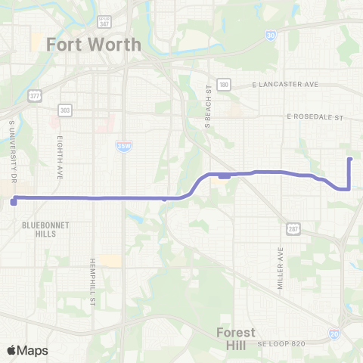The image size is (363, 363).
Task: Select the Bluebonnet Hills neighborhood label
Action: (45, 230)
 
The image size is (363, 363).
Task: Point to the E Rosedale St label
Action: (315, 117)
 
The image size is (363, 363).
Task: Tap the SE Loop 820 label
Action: (281, 343)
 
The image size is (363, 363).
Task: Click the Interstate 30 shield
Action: (270, 35)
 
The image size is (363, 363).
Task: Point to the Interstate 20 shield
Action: (334, 334)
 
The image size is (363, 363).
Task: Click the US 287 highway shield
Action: (293, 228)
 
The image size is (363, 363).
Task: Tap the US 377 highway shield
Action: (34, 95)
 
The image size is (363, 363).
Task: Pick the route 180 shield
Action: (224, 84)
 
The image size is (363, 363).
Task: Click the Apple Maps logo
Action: (27, 350)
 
